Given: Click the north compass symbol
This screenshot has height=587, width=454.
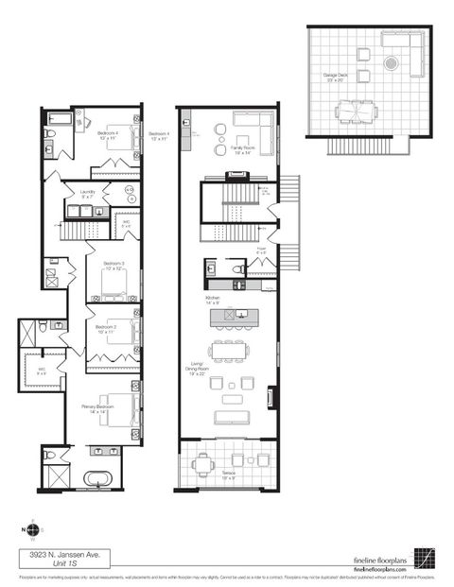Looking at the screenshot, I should pyautogui.click(x=34, y=529).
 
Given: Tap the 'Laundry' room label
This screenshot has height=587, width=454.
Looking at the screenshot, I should pyautogui.click(x=86, y=192).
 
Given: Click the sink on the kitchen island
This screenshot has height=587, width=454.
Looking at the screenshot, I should pyautogui.click(x=242, y=314).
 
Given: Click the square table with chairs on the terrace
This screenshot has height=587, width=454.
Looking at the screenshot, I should pyautogui.click(x=204, y=462).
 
